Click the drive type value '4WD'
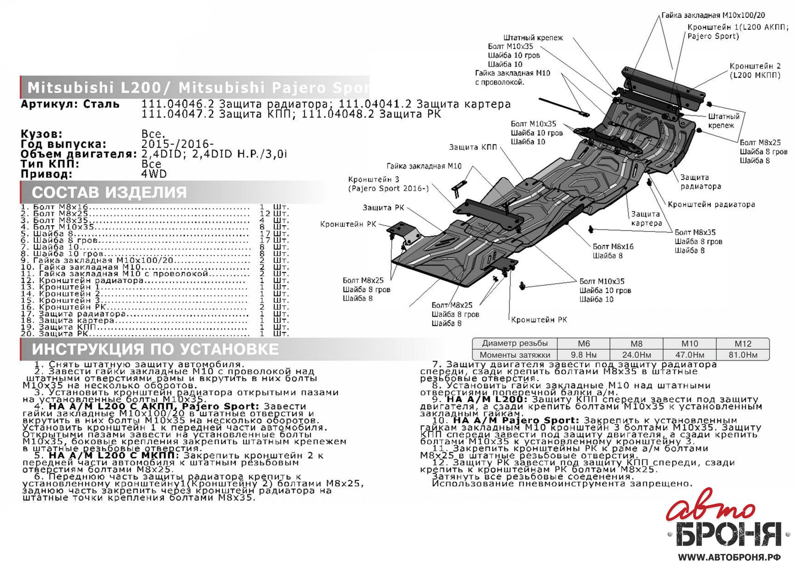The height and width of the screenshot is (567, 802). tap(154, 174)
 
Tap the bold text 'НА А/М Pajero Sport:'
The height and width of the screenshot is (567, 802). tap(516, 420)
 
